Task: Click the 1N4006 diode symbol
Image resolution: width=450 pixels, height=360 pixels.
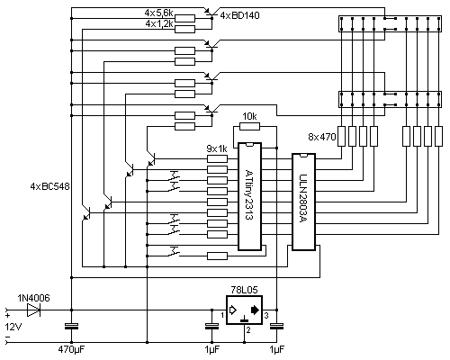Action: [33, 310]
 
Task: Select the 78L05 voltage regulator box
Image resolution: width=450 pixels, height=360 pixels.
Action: [244, 310]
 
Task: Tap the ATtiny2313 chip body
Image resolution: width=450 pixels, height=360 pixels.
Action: [249, 196]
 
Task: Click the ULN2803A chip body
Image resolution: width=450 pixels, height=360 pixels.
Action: [303, 202]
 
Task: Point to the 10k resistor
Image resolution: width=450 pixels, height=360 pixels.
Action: [249, 126]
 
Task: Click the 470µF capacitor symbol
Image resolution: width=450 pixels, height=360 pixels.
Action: [71, 326]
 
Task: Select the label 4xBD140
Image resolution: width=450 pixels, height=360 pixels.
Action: [239, 15]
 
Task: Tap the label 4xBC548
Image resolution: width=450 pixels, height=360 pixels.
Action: [49, 186]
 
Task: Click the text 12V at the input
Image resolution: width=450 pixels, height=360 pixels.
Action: [13, 327]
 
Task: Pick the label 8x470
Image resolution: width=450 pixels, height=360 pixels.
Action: [322, 137]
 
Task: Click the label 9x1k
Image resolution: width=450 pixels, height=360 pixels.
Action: [217, 148]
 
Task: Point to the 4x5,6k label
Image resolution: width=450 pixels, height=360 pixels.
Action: [158, 13]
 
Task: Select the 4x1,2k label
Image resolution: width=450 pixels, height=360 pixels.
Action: [159, 23]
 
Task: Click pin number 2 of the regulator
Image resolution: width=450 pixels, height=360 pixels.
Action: [248, 330]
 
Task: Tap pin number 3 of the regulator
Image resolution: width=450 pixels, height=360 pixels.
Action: [266, 315]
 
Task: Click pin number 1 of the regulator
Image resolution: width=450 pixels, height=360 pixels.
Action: [222, 315]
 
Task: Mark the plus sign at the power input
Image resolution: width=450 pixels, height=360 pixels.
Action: [7, 315]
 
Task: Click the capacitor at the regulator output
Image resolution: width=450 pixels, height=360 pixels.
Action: [276, 326]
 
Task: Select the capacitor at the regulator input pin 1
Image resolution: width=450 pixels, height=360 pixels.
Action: [211, 326]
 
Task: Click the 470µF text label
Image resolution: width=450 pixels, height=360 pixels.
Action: [71, 349]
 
